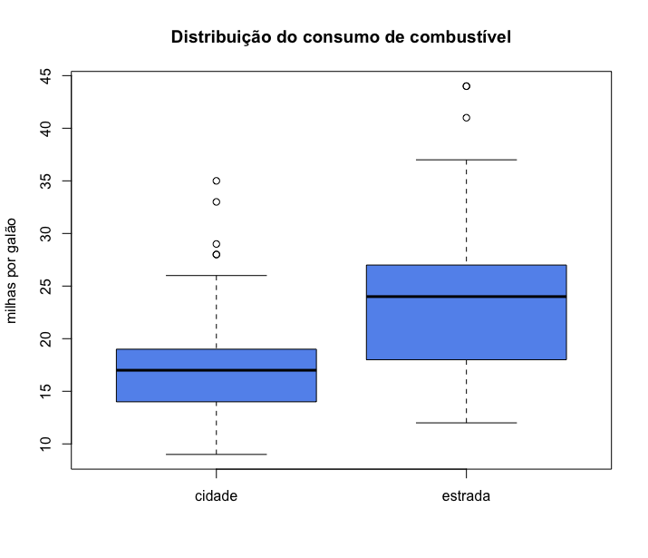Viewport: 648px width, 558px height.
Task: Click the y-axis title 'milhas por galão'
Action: click(12, 270)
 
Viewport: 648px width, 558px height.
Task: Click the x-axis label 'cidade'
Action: click(216, 496)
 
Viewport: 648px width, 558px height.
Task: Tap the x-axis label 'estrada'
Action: click(466, 496)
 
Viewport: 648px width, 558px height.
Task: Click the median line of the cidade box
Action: click(216, 370)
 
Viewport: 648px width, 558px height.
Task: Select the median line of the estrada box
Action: click(466, 297)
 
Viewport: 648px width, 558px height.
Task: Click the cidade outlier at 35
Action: click(216, 181)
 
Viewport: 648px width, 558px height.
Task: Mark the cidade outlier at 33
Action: click(216, 201)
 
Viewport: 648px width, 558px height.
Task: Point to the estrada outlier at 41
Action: click(466, 118)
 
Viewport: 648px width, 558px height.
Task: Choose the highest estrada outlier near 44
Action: click(466, 86)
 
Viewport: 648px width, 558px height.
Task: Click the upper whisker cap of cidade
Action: click(216, 275)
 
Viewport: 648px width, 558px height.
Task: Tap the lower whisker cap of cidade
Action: click(216, 454)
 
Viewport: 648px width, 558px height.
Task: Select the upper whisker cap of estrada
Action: click(466, 160)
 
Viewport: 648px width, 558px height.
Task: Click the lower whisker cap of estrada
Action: click(466, 423)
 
